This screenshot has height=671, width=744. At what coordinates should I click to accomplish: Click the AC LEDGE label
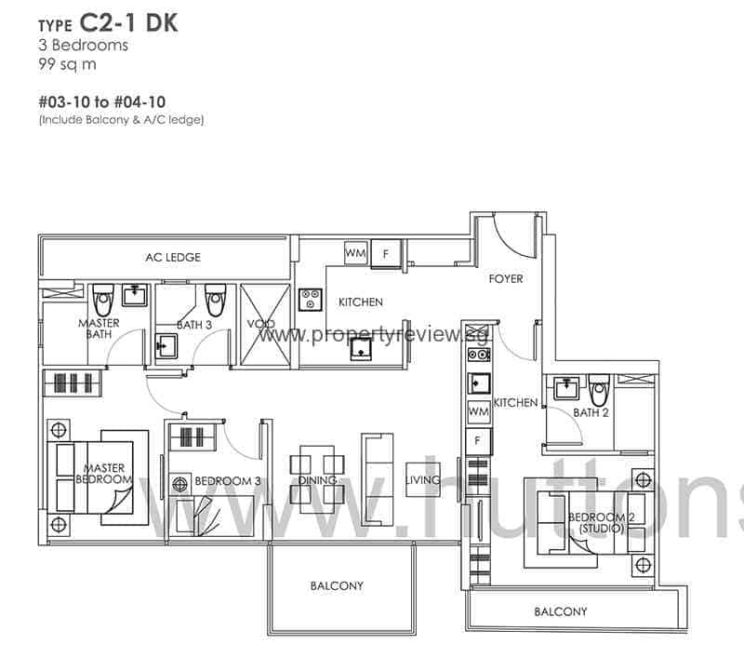[x=172, y=257]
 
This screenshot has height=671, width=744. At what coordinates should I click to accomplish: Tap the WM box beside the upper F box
[x=355, y=252]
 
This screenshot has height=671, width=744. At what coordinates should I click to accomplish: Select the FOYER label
[x=505, y=278]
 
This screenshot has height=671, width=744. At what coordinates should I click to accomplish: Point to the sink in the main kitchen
[x=361, y=347]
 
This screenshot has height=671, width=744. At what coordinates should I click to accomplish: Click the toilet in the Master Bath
[x=104, y=298]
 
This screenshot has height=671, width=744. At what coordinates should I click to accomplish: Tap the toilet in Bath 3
[x=216, y=299]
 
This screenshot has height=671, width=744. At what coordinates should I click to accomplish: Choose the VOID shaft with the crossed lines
[x=265, y=326]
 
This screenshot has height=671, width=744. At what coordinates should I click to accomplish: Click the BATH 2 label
[x=591, y=412]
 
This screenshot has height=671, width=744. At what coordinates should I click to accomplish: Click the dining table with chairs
[x=317, y=477]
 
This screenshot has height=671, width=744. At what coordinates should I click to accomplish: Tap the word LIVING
[x=422, y=480]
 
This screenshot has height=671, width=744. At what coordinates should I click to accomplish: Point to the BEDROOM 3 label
[x=227, y=481]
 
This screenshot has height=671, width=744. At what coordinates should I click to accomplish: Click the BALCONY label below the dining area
[x=337, y=585]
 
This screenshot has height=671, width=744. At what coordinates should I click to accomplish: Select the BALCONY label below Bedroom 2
[x=561, y=611]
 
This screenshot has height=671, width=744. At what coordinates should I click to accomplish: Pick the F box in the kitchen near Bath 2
[x=478, y=439]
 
